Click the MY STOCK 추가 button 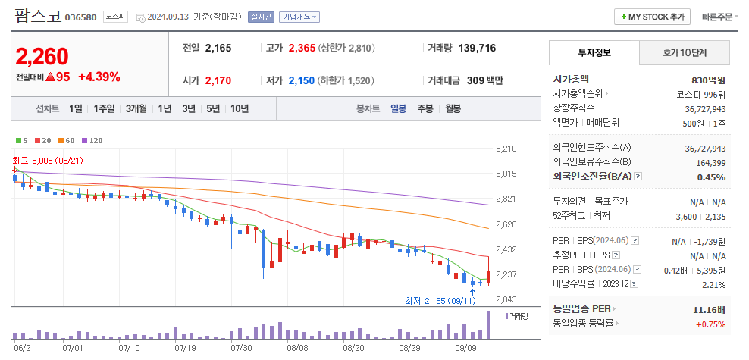point(652,17)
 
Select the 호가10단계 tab point(685,52)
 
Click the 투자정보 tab point(594,52)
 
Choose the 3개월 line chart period point(136,108)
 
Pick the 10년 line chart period point(239,108)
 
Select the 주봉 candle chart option point(425,108)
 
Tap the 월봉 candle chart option point(453,108)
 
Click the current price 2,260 point(42,56)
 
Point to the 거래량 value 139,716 point(478,48)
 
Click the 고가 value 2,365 point(302,48)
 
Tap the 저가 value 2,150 point(302,80)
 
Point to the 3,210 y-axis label point(506,149)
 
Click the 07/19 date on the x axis point(185,348)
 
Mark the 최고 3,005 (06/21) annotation point(47,160)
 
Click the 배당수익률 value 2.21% point(713,285)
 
